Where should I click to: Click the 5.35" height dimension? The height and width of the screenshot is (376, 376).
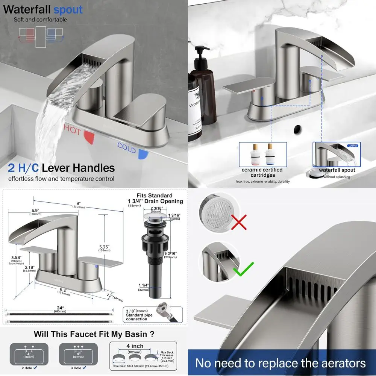(104, 247)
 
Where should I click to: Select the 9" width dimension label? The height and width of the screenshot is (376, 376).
(77, 204)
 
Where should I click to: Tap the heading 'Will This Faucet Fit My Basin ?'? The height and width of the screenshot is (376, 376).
(94, 334)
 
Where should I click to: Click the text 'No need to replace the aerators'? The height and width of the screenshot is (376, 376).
(280, 363)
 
